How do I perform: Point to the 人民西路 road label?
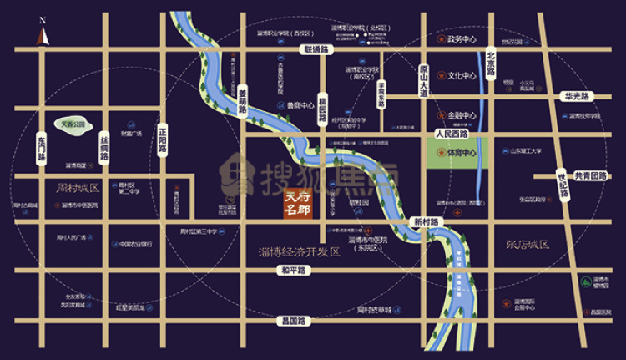tap(453, 134)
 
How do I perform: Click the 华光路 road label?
tap(576, 96)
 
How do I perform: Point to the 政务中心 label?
tap(462, 38)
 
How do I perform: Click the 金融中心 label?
tap(462, 114)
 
